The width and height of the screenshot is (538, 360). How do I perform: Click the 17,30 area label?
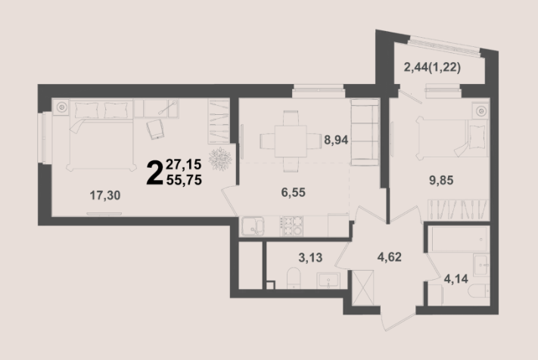tap(105, 195)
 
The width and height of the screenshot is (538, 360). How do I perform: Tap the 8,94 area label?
tap(336, 140)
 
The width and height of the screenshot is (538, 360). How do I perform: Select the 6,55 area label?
tap(294, 192)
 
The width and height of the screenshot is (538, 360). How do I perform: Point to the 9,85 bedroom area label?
tap(441, 180)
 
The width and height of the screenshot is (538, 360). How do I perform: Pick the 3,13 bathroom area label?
tap(310, 257)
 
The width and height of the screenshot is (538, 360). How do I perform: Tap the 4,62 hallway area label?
tap(390, 257)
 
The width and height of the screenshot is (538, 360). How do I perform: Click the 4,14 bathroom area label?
tap(456, 279)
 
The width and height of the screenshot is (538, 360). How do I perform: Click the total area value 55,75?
tap(184, 180)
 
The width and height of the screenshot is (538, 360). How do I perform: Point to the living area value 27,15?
tap(184, 165)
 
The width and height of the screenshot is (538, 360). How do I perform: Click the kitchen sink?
tap(253, 226)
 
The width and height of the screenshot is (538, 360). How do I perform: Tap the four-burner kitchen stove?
tap(291, 226)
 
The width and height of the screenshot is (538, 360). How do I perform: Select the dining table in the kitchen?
tap(291, 141)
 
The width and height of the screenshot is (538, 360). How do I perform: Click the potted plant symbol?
tap(220, 159)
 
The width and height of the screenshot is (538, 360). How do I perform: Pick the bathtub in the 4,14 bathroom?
tap(459, 239)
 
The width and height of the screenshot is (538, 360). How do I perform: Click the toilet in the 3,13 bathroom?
tap(294, 278)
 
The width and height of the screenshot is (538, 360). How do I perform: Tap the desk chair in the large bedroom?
tap(155, 129)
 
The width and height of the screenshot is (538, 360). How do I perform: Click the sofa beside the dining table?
tap(365, 132)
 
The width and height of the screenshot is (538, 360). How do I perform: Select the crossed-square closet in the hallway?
tap(363, 287)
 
